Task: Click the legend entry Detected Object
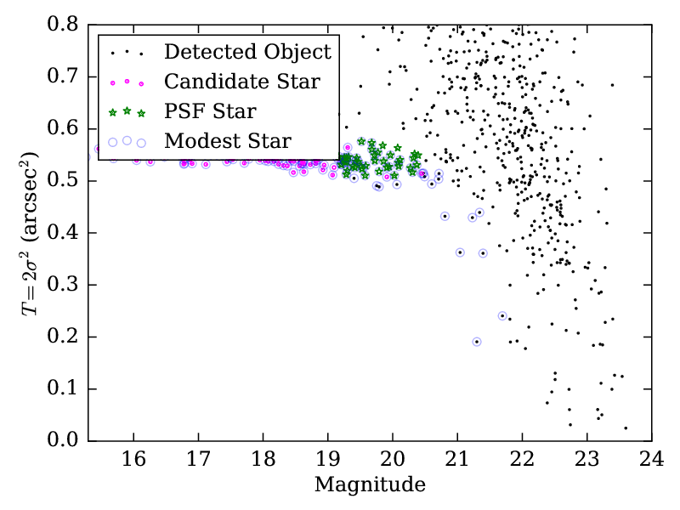click(x=247, y=52)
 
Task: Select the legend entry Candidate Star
click(x=242, y=82)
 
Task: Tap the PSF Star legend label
click(x=210, y=110)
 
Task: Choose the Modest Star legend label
click(x=228, y=140)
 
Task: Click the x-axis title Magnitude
click(x=369, y=485)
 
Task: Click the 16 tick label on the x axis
click(x=133, y=460)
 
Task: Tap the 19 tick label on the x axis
click(x=327, y=460)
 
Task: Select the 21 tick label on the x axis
click(x=457, y=460)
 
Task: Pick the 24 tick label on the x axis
click(x=652, y=460)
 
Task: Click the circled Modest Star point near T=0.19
click(x=477, y=342)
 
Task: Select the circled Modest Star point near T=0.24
click(x=502, y=316)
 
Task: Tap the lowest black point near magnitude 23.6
click(x=626, y=428)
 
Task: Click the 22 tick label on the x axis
click(x=522, y=460)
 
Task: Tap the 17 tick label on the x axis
click(x=198, y=460)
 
